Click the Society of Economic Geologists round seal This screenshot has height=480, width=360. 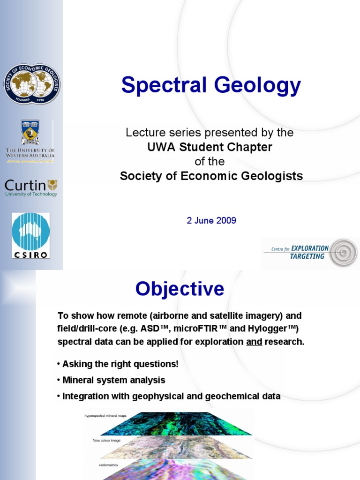click(x=32, y=84)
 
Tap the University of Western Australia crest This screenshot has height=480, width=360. click(x=30, y=132)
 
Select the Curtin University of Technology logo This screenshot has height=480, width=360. click(x=31, y=187)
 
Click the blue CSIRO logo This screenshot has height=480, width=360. click(x=31, y=235)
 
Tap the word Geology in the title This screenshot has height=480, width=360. click(x=258, y=85)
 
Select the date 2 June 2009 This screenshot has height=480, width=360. click(x=211, y=220)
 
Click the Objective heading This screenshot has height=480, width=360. click(x=180, y=289)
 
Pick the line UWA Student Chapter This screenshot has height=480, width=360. click(x=210, y=147)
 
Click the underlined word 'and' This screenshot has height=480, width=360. click(x=254, y=342)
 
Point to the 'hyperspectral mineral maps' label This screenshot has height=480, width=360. click(x=105, y=416)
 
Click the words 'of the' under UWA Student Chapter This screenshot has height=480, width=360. click(x=210, y=162)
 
